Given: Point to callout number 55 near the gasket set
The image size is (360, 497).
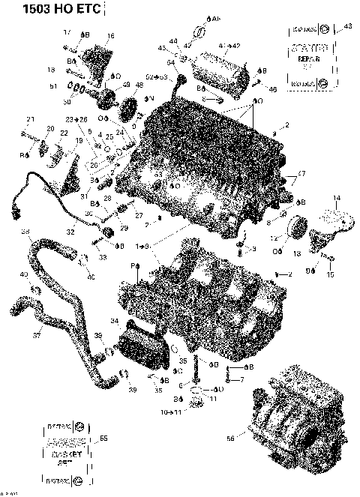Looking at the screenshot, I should [103, 439].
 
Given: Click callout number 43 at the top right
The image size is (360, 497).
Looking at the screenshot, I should [346, 26].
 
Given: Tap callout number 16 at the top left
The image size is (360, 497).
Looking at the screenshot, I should [110, 36].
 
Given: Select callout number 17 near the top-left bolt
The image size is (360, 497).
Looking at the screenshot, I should [66, 32].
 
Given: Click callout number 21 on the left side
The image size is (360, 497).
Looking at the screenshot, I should [31, 120].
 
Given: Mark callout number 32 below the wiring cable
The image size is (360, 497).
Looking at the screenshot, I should [70, 232].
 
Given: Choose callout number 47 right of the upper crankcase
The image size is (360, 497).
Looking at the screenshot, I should [301, 173].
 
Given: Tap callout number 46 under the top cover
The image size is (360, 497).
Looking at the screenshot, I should [272, 89].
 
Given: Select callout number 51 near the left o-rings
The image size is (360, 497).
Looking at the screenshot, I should [52, 87].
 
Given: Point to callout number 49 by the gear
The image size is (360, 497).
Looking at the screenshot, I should [126, 84].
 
